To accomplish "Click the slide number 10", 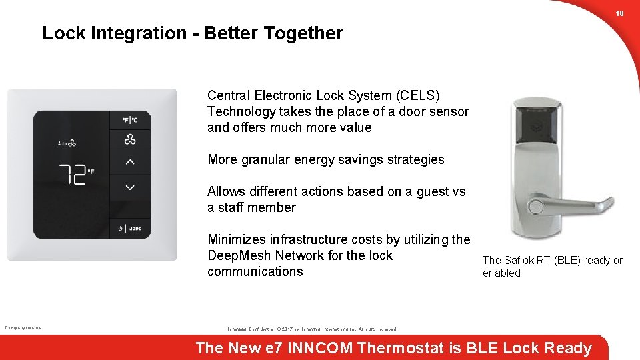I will [x=619, y=13].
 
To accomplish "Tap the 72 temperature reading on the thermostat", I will [x=73, y=175].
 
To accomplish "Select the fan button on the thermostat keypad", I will [x=130, y=139].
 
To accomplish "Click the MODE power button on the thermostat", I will [x=130, y=229].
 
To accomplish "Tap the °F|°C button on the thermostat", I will [x=130, y=120].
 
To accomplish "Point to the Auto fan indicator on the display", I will [x=67, y=143].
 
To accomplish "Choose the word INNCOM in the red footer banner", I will [x=320, y=348].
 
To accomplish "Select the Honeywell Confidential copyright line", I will [x=311, y=329].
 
